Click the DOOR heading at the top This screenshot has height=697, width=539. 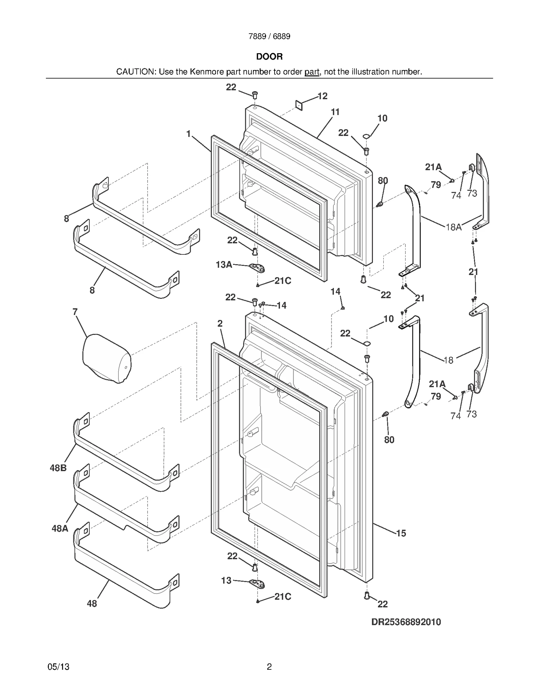point(269,57)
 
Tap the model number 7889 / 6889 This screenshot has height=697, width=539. point(269,36)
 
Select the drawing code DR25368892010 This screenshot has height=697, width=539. point(406,622)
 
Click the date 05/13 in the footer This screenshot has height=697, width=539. point(59,667)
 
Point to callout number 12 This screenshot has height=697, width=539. point(322,96)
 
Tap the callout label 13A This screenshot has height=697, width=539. point(224,265)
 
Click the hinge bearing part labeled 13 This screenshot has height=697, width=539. point(258,584)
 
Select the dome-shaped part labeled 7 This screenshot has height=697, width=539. point(106,358)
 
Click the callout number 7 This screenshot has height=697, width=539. point(75,312)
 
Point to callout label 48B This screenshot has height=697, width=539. point(58,468)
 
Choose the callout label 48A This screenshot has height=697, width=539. point(60,528)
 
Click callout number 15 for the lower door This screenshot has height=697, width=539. point(401,533)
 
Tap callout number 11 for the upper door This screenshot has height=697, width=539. point(335,112)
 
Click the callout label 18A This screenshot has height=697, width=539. point(453,227)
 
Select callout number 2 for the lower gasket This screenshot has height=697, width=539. point(220,324)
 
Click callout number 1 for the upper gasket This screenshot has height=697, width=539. point(189,134)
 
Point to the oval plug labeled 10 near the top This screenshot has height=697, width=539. point(367,136)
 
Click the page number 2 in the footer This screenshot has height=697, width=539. point(269,667)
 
